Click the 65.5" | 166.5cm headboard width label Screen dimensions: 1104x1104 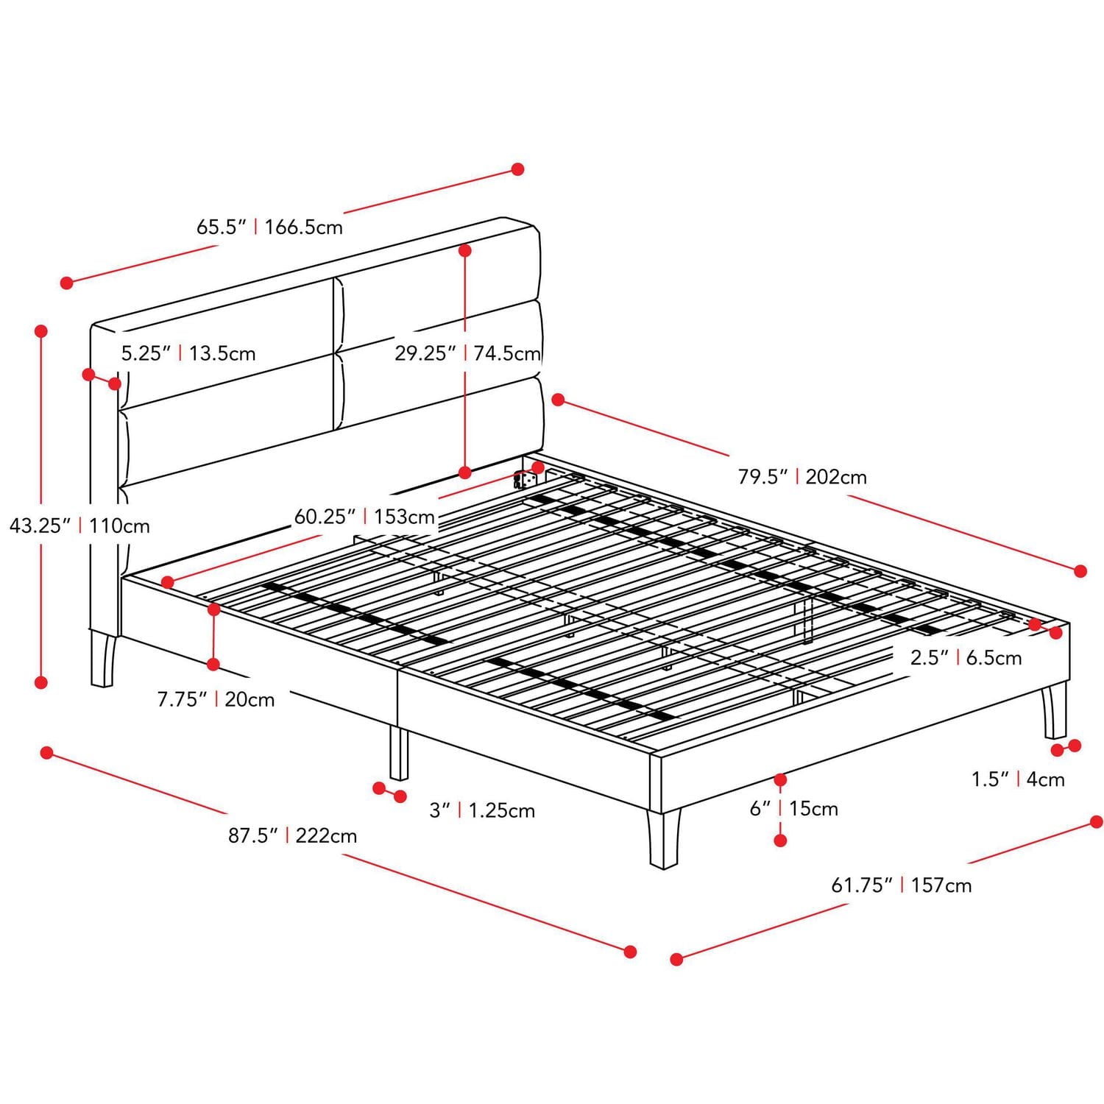269,227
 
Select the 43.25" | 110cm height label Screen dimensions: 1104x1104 79,526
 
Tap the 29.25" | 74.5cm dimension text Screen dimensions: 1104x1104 467,353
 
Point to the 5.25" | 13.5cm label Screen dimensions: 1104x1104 188,353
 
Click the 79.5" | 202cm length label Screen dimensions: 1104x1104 802,477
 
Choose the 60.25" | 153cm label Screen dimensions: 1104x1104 364,517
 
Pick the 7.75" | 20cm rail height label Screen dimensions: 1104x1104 216,699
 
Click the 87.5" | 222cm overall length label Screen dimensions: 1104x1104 292,836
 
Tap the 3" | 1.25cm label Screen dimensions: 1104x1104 482,810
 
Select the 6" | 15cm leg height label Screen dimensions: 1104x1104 793,808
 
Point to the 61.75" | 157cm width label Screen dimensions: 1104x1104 901,885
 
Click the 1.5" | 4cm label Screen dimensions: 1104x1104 1018,779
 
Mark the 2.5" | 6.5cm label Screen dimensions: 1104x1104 966,657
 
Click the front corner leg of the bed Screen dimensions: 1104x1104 663,839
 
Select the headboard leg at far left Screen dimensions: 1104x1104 103,659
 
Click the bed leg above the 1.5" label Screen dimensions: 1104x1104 1054,711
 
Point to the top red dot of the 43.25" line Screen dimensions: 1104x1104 41,331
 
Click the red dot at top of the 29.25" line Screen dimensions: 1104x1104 464,251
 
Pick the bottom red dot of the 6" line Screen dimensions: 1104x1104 780,840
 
